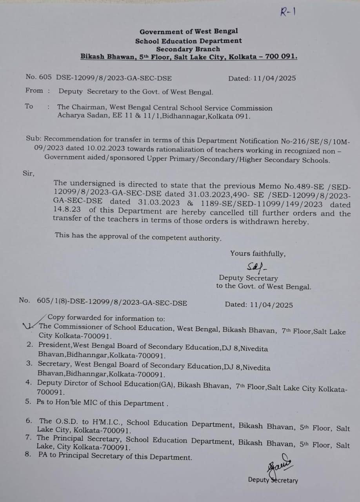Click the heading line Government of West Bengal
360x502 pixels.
(189, 31)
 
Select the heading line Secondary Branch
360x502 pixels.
(188, 49)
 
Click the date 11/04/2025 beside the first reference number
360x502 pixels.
(275, 78)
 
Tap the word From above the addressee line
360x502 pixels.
(34, 91)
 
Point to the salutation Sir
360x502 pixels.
(28, 173)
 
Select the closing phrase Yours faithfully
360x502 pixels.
(258, 254)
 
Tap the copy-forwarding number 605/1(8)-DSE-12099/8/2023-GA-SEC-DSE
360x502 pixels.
(112, 303)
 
